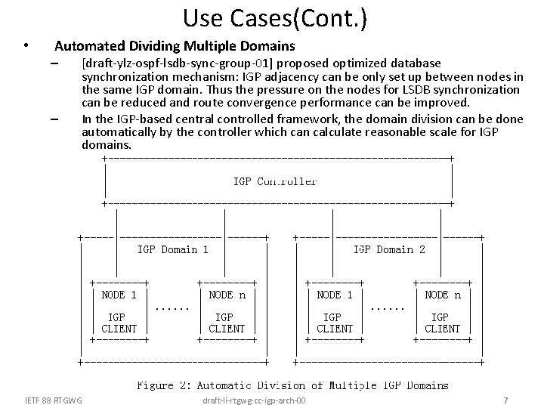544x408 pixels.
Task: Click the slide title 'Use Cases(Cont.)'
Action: (x=275, y=18)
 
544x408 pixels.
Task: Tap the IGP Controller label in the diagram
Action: (x=275, y=181)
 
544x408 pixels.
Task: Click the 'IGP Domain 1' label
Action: (x=173, y=249)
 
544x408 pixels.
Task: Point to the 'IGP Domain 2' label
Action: (x=389, y=249)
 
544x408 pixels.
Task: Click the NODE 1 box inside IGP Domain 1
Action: (x=119, y=311)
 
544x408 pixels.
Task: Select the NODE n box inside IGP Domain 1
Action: (x=227, y=311)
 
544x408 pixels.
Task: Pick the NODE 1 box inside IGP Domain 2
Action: (x=335, y=311)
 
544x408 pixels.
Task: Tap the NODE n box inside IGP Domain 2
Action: (x=443, y=311)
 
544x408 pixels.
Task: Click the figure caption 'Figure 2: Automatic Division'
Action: (x=292, y=385)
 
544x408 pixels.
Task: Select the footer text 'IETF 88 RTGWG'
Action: (x=54, y=399)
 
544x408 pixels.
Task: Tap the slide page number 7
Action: (x=505, y=399)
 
